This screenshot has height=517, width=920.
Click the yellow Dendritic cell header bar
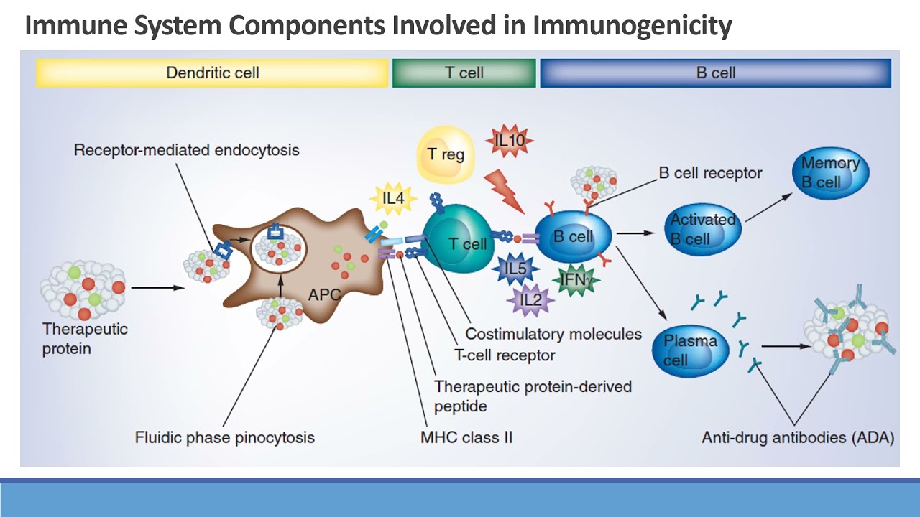point(212,73)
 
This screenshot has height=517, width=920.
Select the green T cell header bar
point(464,73)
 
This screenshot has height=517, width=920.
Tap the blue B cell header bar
point(715,73)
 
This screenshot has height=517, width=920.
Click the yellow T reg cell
point(446,154)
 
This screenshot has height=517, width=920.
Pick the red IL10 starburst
point(510,141)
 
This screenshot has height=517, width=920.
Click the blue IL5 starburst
point(515,269)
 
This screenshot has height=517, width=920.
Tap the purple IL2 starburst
point(530,299)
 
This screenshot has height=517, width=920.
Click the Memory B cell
point(833,172)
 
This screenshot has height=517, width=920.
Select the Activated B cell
point(701,228)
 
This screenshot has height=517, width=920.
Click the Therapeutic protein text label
point(85,339)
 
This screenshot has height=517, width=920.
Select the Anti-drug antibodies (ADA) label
point(798,437)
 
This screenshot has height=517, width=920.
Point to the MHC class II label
point(466,437)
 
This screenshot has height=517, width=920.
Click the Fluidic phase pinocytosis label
point(225,437)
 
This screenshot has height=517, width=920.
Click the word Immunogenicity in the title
point(632,26)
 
